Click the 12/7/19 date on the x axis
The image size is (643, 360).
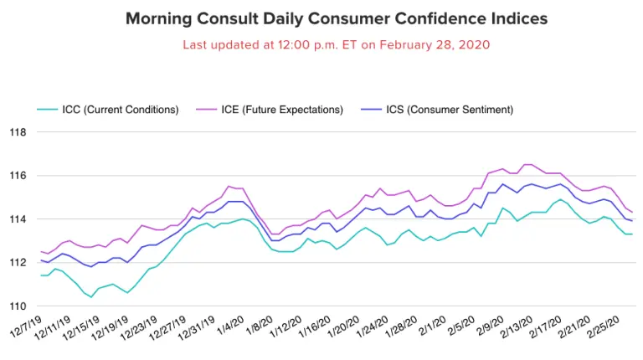point(28,328)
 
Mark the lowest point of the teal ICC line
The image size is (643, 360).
point(91,297)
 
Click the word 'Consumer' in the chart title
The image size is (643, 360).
point(323,18)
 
